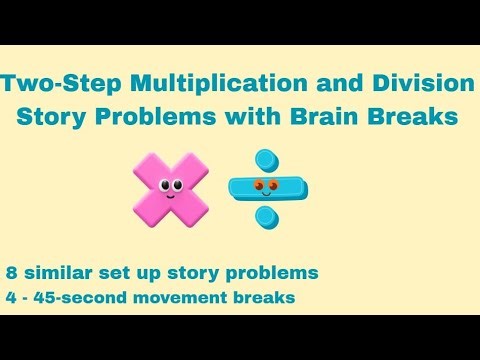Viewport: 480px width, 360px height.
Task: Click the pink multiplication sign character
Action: (x=171, y=186)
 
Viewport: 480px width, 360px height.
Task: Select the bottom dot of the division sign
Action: (x=265, y=215)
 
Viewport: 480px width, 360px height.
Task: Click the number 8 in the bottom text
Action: (x=11, y=272)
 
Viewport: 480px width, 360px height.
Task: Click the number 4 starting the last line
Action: (x=11, y=297)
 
